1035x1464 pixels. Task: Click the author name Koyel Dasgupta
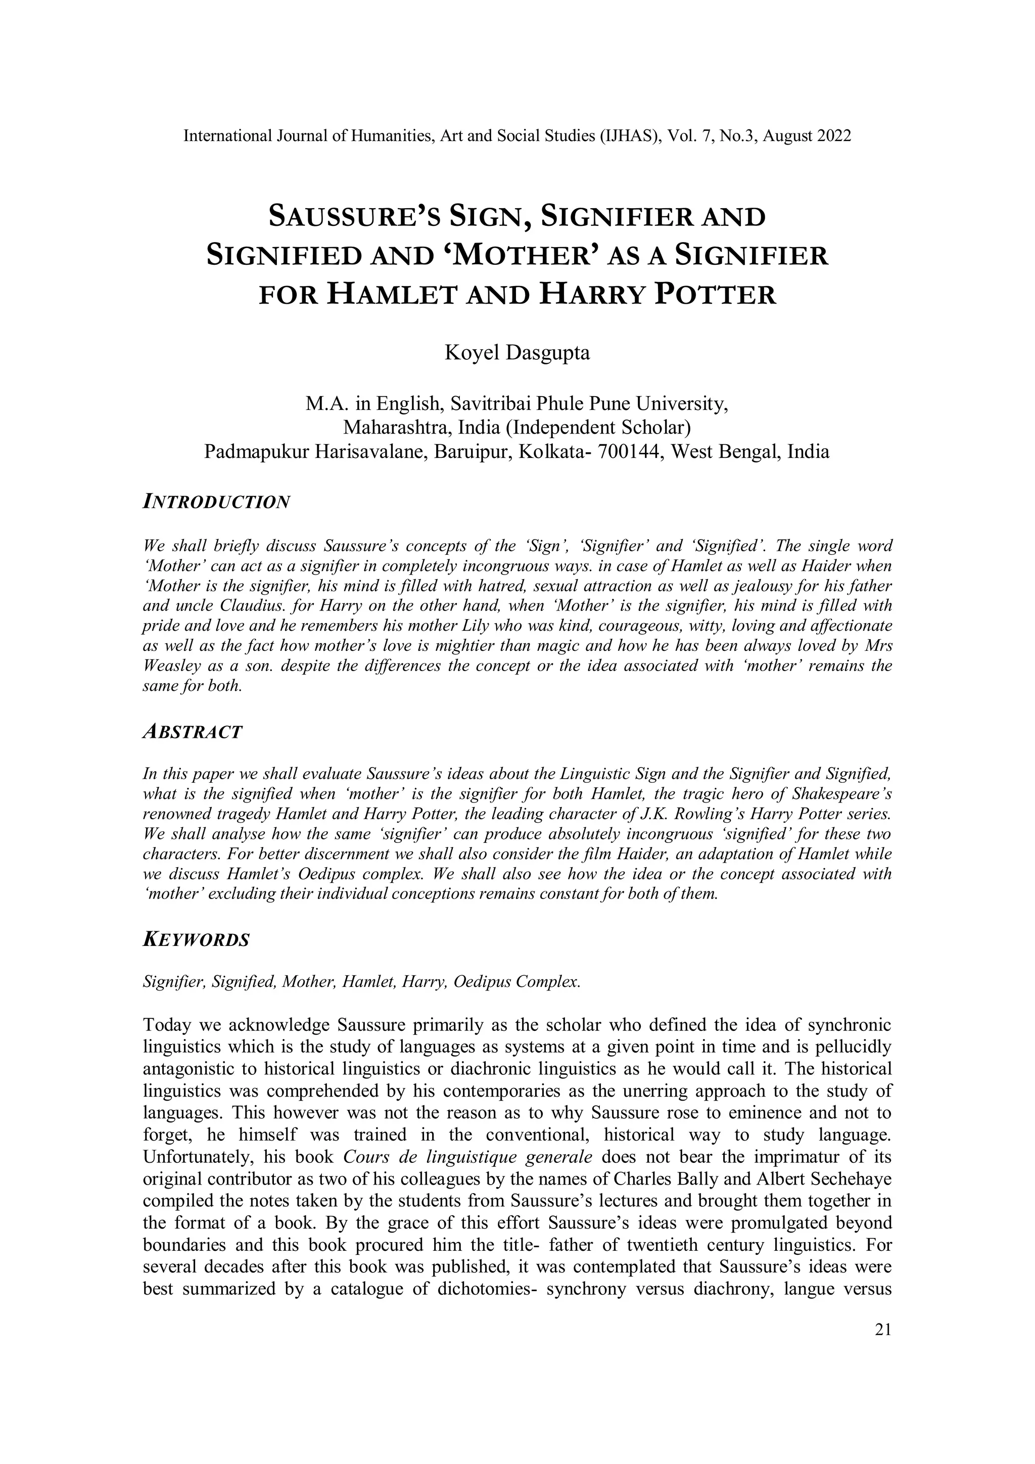(x=516, y=353)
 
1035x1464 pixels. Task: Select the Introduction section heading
(x=217, y=502)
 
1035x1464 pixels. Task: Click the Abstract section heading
(x=193, y=732)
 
